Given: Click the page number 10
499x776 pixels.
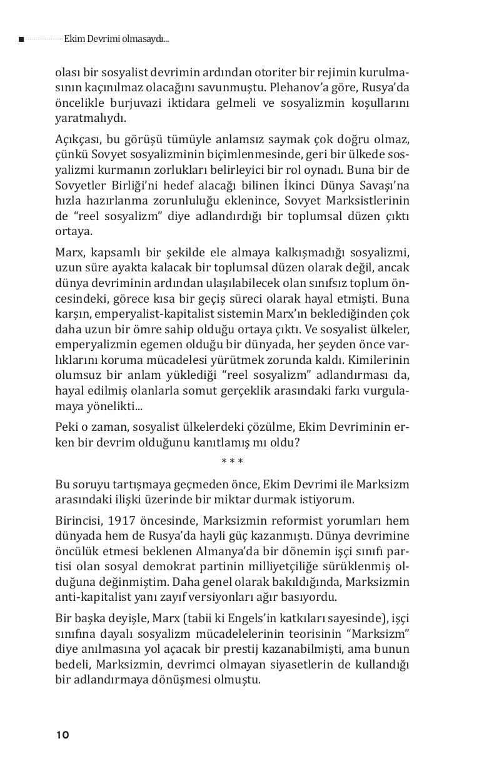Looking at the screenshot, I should (63, 735).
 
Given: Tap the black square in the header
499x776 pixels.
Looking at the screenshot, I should (21, 39).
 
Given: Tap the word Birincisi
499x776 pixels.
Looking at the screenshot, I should (78, 520).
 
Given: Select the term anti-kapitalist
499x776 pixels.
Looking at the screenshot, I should (90, 597).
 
